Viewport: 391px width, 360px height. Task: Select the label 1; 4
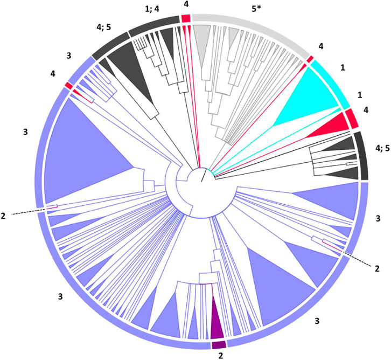pyautogui.click(x=152, y=9)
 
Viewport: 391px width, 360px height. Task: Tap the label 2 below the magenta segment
pyautogui.click(x=219, y=356)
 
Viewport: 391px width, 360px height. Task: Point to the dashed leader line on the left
pyautogui.click(x=27, y=211)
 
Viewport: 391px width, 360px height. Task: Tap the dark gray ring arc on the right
pyautogui.click(x=362, y=156)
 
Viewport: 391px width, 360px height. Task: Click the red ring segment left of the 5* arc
pyautogui.click(x=186, y=19)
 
